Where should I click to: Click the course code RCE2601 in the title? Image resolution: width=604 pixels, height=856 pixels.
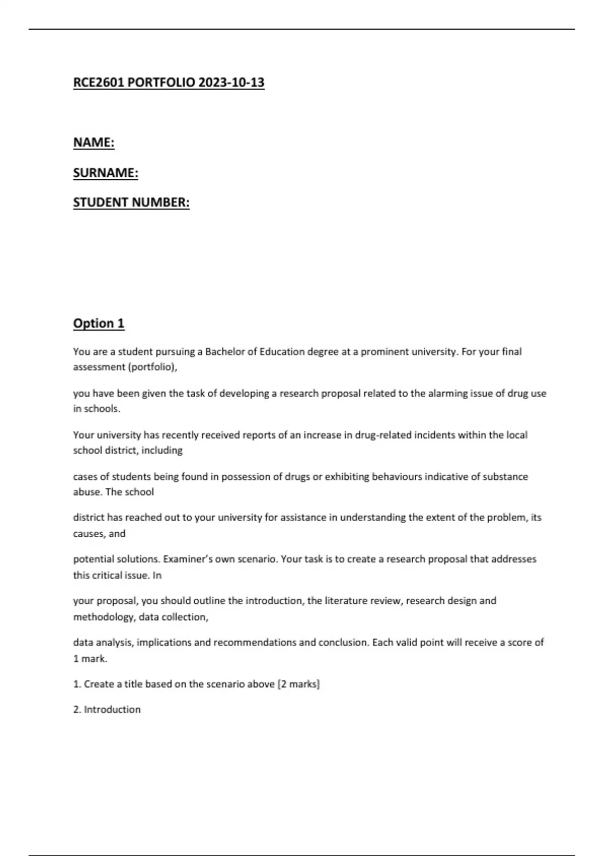click(98, 83)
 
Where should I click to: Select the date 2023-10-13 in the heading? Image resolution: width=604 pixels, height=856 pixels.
click(231, 83)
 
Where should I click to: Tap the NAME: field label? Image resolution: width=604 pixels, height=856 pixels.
click(94, 142)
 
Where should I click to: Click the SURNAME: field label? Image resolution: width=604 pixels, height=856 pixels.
click(106, 173)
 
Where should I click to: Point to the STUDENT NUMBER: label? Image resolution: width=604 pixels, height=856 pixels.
click(131, 202)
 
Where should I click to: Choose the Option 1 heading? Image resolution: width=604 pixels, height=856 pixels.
click(99, 323)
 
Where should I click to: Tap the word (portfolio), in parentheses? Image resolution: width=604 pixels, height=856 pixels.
click(153, 367)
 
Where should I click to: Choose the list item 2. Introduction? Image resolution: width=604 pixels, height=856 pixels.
click(107, 709)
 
